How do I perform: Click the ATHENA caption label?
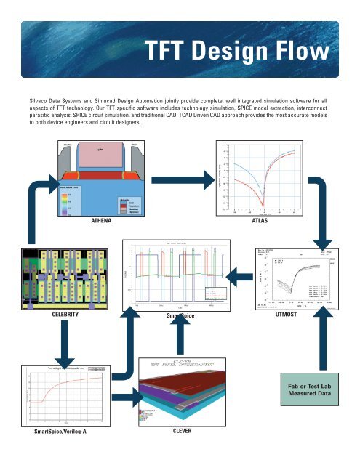click(x=107, y=219)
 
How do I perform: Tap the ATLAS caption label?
click(x=260, y=219)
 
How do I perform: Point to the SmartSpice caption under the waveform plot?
click(x=177, y=317)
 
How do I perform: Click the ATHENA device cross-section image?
click(x=107, y=174)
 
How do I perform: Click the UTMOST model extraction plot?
click(x=291, y=279)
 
